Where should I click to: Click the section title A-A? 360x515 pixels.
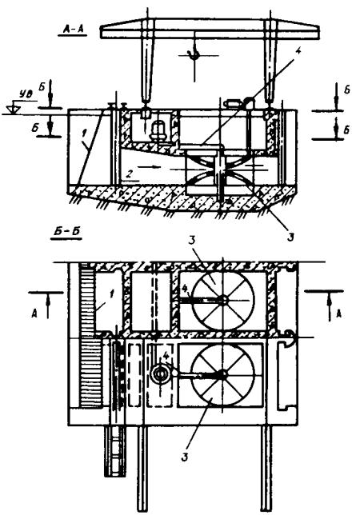(x=72, y=30)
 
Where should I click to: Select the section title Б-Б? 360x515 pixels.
(x=66, y=232)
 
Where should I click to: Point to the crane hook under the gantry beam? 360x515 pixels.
(x=194, y=54)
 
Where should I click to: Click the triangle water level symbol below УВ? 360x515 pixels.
(x=14, y=110)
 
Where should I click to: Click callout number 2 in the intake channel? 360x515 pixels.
(x=130, y=174)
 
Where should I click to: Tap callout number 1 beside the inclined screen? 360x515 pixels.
(x=84, y=134)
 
